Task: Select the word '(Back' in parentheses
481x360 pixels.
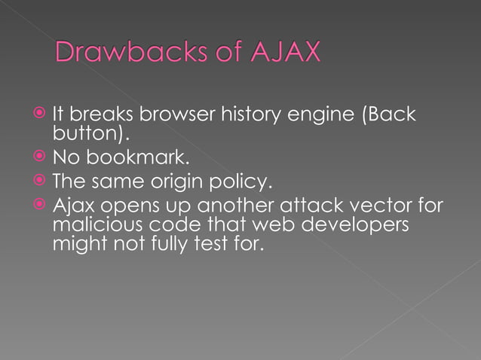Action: (x=384, y=114)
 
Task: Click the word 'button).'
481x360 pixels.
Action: (x=90, y=134)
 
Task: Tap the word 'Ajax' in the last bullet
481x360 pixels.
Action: (x=70, y=204)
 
